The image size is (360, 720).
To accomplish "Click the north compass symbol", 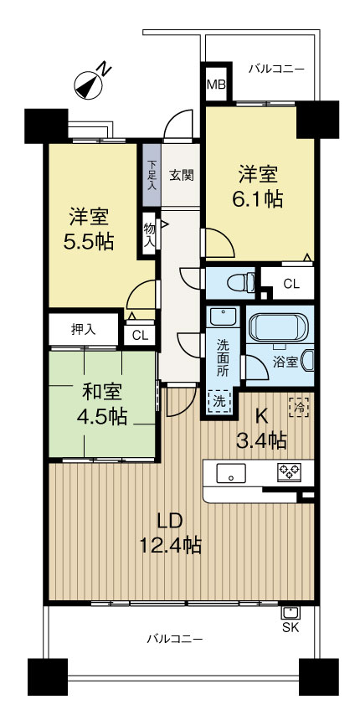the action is (89, 85).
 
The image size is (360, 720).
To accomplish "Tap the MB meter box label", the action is (216, 85).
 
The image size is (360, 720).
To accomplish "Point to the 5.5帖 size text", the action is (89, 242).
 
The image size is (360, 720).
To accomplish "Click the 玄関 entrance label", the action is (182, 175).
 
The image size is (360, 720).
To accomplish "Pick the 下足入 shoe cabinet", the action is (152, 175).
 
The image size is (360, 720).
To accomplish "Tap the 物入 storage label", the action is (150, 235).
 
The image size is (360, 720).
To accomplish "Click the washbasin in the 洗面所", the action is (223, 316).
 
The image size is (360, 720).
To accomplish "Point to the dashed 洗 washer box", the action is (220, 401).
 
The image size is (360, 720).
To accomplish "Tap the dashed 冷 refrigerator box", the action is (299, 407).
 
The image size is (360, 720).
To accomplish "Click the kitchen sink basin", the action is (230, 473).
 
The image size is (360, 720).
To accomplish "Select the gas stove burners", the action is (290, 472).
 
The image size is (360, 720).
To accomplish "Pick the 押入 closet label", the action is (83, 329).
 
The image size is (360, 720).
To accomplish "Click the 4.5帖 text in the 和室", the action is (102, 416).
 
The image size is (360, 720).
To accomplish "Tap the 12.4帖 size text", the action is (170, 545).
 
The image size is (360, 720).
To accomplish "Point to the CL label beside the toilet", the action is (291, 284).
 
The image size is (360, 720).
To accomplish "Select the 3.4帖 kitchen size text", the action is (262, 441).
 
